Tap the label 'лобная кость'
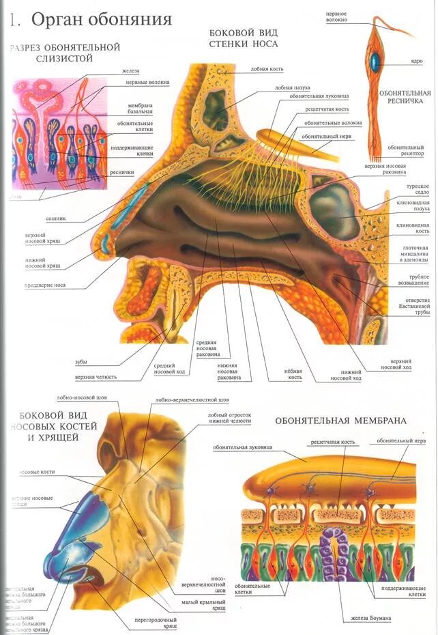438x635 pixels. point(267,69)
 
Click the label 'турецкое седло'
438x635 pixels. point(417,190)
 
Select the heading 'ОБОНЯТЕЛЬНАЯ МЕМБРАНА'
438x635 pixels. point(340,421)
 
